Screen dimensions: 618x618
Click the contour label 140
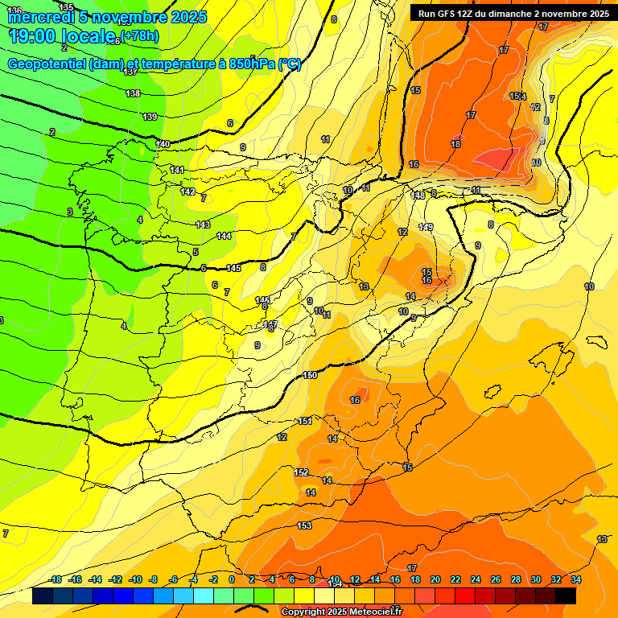click(163, 144)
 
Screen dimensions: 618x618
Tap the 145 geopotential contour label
click(233, 268)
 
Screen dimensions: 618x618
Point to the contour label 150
click(311, 376)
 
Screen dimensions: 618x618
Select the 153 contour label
click(304, 525)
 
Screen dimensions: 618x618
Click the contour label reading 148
click(418, 196)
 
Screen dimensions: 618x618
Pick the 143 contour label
click(203, 225)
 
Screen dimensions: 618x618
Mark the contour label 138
click(133, 94)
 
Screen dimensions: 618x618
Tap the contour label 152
click(302, 472)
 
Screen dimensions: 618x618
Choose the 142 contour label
click(188, 192)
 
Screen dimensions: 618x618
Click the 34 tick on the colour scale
click(576, 579)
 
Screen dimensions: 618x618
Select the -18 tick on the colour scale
click(56, 579)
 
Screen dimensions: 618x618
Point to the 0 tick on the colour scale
click(232, 579)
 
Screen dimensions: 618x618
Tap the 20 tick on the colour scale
click(435, 579)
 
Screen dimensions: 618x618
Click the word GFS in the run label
click(449, 14)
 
